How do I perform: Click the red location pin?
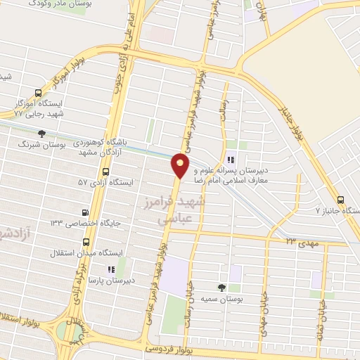[181, 165]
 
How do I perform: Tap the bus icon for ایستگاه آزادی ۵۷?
[105, 171]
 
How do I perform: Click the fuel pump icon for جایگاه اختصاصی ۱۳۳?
[86, 212]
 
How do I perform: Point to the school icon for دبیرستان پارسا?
[110, 269]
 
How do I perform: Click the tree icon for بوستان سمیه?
[221, 287]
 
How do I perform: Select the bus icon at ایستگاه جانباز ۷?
[341, 200]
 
